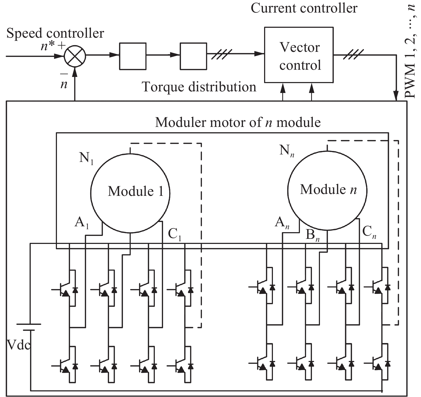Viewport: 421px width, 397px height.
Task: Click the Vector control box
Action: pos(299,55)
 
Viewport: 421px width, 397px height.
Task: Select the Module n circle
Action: pos(327,190)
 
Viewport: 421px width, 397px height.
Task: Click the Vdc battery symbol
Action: pos(29,327)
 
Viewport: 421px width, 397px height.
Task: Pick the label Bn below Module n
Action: pos(312,236)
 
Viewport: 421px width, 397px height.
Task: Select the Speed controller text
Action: pos(55,34)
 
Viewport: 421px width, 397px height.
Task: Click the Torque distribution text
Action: pos(199,87)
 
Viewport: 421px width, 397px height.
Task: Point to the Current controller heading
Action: pos(304,8)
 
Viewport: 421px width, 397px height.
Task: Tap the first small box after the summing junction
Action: pos(133,56)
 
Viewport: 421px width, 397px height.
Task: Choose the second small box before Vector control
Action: pos(193,56)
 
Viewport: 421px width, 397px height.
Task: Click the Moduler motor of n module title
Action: pos(238,122)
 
